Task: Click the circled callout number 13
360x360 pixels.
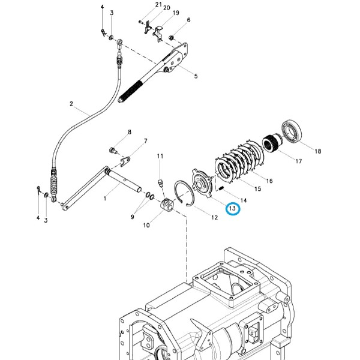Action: (232, 208)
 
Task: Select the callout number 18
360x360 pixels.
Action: (318, 151)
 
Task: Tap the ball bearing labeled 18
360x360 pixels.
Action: (292, 131)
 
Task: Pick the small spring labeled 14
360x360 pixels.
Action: (221, 188)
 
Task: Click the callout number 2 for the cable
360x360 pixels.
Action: (71, 104)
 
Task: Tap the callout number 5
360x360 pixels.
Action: (196, 76)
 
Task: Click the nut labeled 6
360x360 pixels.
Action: (170, 37)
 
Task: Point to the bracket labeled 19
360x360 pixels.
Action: (158, 34)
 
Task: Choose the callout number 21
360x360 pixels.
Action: (158, 4)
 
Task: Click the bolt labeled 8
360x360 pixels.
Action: (113, 151)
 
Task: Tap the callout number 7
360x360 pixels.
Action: (145, 141)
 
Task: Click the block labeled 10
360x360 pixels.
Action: (168, 205)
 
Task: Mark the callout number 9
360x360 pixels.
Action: (132, 217)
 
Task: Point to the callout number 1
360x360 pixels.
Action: (105, 198)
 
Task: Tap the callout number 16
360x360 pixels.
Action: (269, 181)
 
